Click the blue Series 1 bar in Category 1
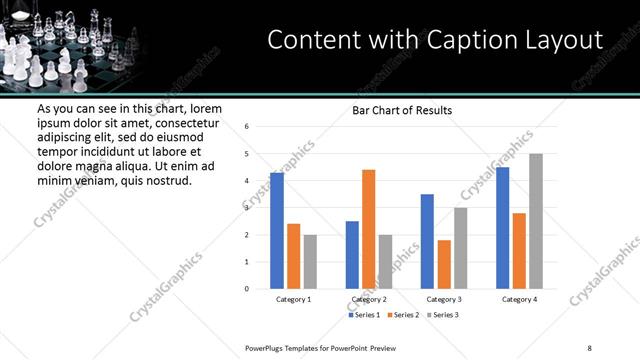tap(277, 231)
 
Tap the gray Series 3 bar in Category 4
tap(536, 221)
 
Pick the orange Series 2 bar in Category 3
tap(444, 264)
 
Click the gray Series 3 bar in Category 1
tap(310, 262)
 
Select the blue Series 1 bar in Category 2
tap(352, 255)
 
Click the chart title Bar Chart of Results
tap(402, 110)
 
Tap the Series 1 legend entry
tap(365, 315)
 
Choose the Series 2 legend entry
tap(402, 315)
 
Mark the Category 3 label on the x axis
tap(443, 299)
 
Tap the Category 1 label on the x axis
tap(293, 299)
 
